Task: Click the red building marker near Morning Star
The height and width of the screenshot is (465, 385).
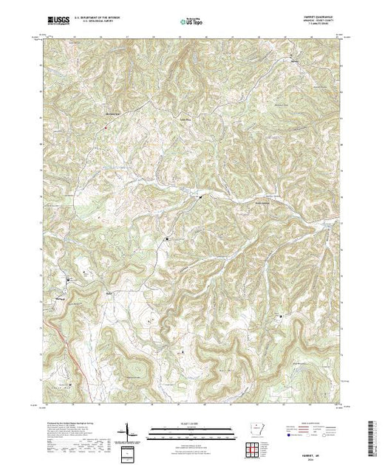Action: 106,125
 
